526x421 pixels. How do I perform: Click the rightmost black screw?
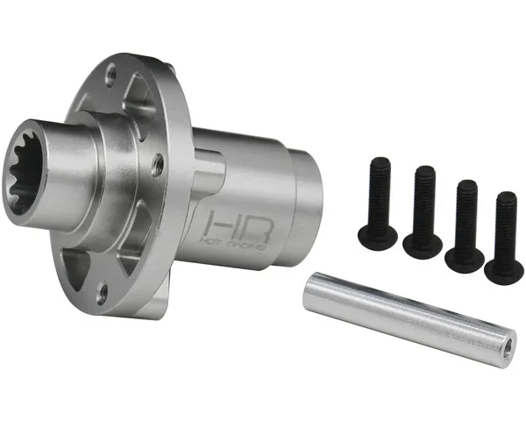point(504,237)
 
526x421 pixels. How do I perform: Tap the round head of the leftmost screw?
point(377,234)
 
